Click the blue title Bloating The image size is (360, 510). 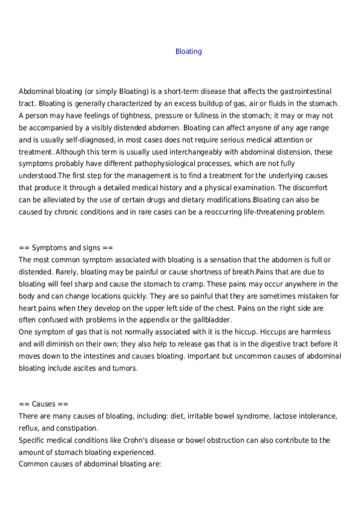tap(188, 52)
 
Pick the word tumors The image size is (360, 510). tap(124, 368)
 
